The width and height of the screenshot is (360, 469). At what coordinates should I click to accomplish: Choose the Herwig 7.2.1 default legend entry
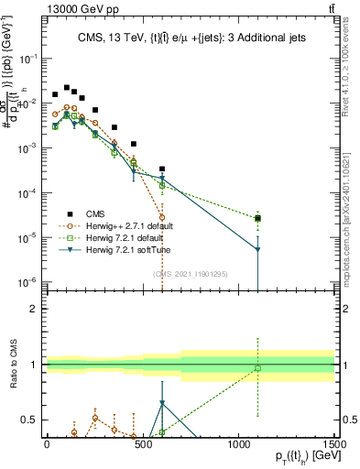tap(115, 237)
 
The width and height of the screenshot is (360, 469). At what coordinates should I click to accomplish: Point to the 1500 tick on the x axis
tap(335, 444)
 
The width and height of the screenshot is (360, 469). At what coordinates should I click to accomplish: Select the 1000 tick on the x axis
tap(239, 444)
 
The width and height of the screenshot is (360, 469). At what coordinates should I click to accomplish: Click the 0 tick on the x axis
tap(47, 444)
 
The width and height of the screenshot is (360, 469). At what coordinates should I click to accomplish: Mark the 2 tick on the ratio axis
tap(33, 309)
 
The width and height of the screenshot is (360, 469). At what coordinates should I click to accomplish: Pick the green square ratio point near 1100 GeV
tap(258, 368)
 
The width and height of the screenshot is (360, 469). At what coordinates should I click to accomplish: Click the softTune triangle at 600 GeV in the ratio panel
tap(162, 403)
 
